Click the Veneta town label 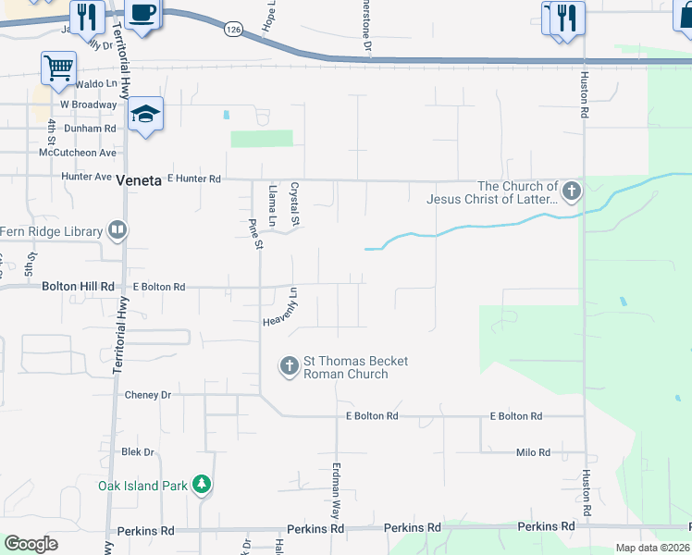[140, 181]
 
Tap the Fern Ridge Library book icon [117, 229]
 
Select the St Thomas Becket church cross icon [289, 366]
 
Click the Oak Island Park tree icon [202, 485]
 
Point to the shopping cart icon [58, 67]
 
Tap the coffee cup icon [142, 14]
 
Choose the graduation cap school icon [145, 115]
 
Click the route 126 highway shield [232, 30]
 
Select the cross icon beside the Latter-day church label [571, 192]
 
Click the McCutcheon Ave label [78, 153]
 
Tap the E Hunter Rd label [194, 179]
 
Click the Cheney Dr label [148, 395]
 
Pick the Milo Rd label [533, 452]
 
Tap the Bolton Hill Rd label [78, 287]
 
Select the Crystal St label [297, 203]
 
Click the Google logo [31, 544]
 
